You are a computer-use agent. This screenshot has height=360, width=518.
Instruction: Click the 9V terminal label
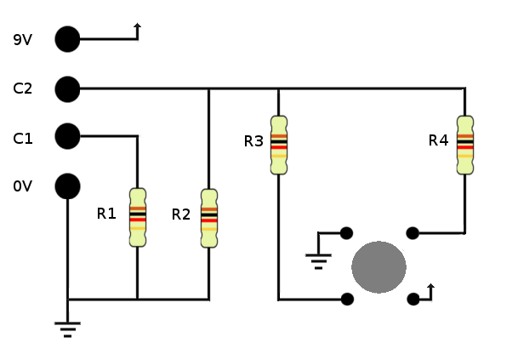coord(23,39)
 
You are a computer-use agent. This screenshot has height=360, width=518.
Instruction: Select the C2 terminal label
coord(23,89)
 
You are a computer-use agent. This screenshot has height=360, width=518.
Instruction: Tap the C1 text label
coord(23,138)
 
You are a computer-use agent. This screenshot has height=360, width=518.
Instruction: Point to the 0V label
coord(23,186)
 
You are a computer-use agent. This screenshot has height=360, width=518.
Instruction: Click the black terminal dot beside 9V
coord(67,39)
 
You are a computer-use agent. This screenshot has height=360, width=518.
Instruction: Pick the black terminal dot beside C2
coord(67,89)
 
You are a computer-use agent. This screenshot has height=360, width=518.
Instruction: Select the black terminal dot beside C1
coord(67,136)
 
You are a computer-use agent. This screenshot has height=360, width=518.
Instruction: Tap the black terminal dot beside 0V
coord(67,186)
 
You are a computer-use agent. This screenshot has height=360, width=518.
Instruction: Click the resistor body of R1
coord(137,217)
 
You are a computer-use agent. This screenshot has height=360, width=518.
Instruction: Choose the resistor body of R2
coord(208,217)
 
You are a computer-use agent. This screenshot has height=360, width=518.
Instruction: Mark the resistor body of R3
coord(278,144)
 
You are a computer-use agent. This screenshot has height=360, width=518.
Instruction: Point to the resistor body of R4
coord(464,144)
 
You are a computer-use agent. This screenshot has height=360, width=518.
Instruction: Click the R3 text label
coord(253,141)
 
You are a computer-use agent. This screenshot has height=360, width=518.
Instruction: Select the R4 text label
coord(438,140)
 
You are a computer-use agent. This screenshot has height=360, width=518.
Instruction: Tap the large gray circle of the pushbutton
coord(379,267)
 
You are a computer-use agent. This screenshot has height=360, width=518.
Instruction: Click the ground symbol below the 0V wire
coord(67,328)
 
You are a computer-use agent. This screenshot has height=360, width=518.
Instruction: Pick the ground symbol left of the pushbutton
coord(318,260)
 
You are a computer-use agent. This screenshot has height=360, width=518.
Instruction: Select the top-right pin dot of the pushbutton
coord(413,232)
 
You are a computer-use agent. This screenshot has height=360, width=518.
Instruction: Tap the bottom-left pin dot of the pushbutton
coord(346,299)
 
